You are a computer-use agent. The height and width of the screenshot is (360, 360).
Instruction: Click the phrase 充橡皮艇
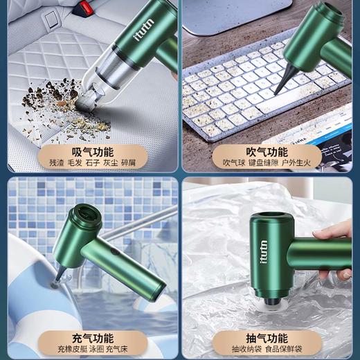(x=65, y=351)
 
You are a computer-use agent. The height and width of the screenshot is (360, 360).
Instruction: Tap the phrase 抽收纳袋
(x=246, y=351)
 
